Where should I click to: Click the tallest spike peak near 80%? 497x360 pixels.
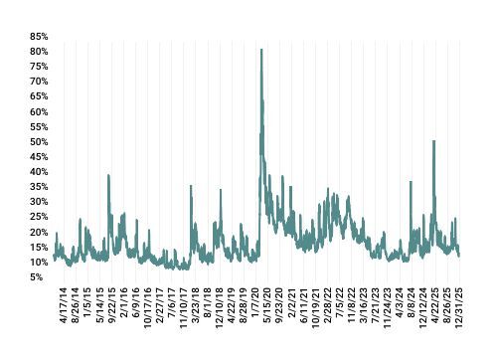click(261, 50)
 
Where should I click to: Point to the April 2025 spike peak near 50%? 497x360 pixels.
click(434, 141)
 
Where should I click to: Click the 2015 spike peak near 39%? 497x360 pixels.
click(108, 175)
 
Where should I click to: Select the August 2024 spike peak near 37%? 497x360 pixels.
click(411, 182)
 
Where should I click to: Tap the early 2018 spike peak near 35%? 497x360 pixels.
click(191, 186)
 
